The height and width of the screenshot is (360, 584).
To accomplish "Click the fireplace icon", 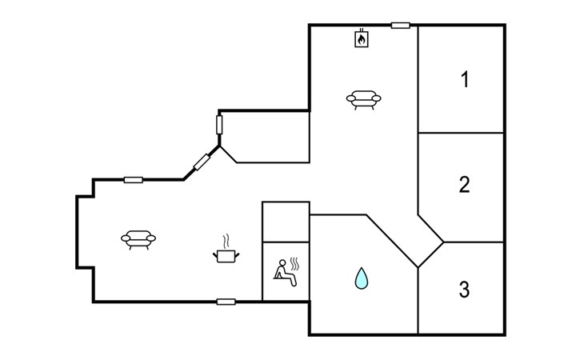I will click(x=362, y=38).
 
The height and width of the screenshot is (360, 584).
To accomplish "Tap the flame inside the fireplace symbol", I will click(x=362, y=38).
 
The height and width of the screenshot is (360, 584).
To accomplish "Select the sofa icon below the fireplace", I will click(x=363, y=99).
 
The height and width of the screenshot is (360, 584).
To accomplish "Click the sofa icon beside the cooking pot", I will click(x=138, y=238).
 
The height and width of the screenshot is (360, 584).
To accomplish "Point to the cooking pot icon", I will click(x=226, y=255).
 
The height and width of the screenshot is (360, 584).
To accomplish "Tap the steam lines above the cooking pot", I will click(x=226, y=240).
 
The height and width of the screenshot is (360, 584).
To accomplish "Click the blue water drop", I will click(x=362, y=278).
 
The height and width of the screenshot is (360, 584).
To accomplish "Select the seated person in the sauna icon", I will click(x=281, y=270).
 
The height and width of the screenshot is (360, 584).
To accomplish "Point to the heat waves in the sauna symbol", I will click(x=295, y=263).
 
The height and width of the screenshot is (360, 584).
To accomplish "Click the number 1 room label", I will click(x=464, y=80).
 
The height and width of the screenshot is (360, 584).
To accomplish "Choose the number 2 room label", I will click(x=464, y=185).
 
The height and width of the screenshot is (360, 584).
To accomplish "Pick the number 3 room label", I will click(x=464, y=290).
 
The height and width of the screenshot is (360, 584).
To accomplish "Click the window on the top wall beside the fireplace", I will click(x=401, y=25).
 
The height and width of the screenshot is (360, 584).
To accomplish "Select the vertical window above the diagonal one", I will click(x=219, y=126).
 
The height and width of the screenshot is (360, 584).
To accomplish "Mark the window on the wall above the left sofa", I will click(x=134, y=179).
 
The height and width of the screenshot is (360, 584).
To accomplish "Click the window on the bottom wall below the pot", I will click(x=226, y=302).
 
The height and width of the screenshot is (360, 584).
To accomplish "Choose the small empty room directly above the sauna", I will click(x=286, y=221).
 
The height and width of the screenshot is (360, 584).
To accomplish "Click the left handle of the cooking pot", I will click(x=214, y=254).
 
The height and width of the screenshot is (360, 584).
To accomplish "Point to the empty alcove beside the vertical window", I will click(x=268, y=136).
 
